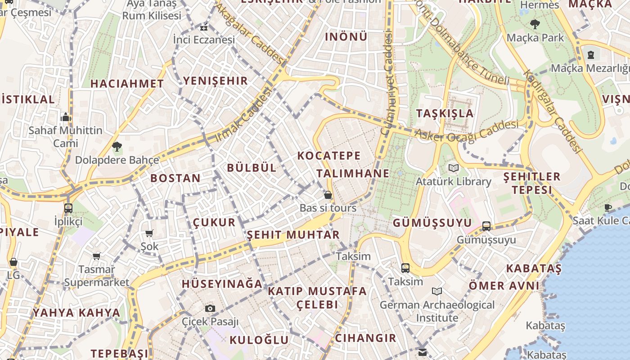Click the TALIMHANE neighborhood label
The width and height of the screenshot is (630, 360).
point(352,174)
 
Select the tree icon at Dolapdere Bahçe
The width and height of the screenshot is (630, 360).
point(117,146)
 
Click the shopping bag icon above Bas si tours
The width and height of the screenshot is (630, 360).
point(328,195)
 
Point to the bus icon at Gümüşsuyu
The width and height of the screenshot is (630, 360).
point(486,226)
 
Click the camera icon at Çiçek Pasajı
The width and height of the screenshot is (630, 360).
point(210,308)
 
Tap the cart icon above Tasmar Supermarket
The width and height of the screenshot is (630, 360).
point(96,256)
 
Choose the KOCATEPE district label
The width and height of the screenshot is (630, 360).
point(329,156)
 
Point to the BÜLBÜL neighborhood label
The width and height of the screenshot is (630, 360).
point(252,168)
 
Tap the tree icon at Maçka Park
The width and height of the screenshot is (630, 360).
point(535,24)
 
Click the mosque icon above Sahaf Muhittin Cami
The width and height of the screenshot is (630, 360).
point(66,117)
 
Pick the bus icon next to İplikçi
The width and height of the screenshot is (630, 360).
point(68,208)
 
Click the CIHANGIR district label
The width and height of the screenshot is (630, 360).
point(365,338)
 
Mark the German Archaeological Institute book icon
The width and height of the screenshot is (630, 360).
point(436,291)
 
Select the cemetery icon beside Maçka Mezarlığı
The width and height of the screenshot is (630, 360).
point(590,55)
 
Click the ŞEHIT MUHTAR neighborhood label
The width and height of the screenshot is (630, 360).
point(293,235)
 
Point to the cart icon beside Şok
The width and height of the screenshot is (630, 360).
point(149,233)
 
